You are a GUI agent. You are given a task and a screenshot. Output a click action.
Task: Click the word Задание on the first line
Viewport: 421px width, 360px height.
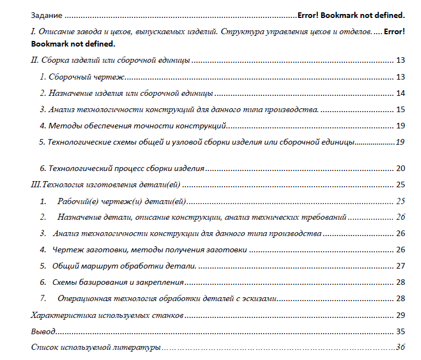[47, 15]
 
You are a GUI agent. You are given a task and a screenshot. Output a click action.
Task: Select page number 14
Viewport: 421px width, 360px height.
[400, 93]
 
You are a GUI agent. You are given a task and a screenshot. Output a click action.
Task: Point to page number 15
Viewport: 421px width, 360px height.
[400, 109]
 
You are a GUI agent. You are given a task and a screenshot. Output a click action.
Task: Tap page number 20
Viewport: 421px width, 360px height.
[400, 168]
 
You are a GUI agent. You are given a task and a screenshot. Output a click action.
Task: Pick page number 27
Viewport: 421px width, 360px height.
[400, 266]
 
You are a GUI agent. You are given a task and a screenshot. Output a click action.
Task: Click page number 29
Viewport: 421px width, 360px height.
[400, 315]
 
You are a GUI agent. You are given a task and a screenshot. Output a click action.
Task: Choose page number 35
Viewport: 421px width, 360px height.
[400, 331]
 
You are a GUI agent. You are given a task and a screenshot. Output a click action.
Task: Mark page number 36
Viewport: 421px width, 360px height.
[400, 348]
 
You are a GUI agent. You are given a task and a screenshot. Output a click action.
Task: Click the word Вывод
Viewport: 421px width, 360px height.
[44, 331]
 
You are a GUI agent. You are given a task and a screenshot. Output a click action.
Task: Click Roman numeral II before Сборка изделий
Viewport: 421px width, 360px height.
[34, 60]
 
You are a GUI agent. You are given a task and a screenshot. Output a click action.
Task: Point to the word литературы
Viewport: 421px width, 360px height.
[141, 348]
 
